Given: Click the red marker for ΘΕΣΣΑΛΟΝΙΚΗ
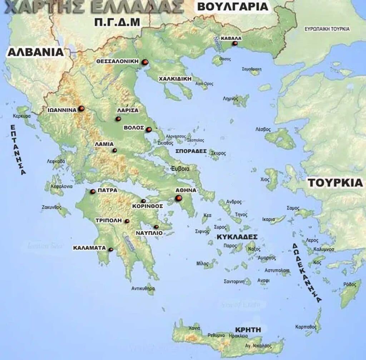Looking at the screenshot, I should point(145,62).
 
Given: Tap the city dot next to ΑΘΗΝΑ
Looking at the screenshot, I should point(178,198).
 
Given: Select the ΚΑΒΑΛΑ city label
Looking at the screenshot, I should point(231,38).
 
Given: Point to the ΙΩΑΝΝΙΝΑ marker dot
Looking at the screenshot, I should point(81,108).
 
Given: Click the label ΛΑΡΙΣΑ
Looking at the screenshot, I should point(128,110).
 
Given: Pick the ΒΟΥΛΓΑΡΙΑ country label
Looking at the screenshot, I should point(232,6).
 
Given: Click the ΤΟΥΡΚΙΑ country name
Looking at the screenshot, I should point(335,182).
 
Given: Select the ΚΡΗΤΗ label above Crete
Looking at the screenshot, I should point(248,329).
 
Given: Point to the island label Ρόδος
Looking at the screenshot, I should point(350,284).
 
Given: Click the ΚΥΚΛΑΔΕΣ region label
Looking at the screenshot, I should point(237,237).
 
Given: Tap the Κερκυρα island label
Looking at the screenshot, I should point(22,116).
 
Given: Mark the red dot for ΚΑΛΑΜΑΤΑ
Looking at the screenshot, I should point(111,249).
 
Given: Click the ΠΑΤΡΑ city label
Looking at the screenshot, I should point(107,191).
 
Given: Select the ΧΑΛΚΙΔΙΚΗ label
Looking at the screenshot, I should point(175,79).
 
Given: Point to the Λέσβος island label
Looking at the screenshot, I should point(263,129).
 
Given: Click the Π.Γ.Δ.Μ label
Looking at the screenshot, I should point(117,22).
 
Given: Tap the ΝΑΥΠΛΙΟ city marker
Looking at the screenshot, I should point(156,227).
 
